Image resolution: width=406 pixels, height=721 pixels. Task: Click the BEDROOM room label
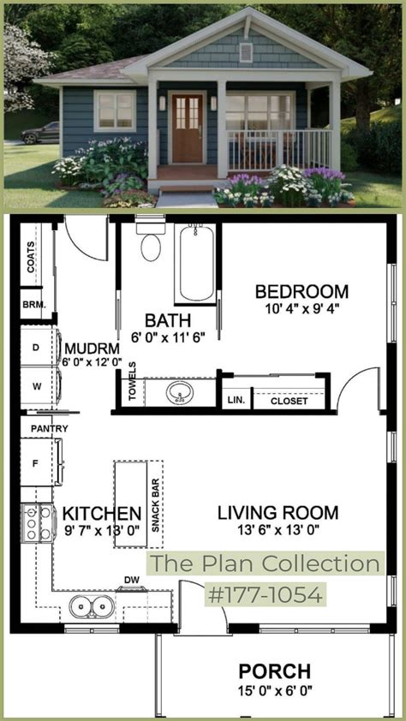pyautogui.click(x=302, y=292)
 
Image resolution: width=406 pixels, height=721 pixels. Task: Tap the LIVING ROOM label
pyautogui.click(x=278, y=513)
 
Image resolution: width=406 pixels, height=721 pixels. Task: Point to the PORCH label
pyautogui.click(x=274, y=671)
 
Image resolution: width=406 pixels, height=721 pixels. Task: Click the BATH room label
pyautogui.click(x=167, y=320)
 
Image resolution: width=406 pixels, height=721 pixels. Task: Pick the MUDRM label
pyautogui.click(x=91, y=349)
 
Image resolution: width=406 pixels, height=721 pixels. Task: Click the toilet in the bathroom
pyautogui.click(x=151, y=244)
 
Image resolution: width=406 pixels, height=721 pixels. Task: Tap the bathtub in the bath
pyautogui.click(x=196, y=262)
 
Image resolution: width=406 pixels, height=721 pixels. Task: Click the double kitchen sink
pyautogui.click(x=92, y=607)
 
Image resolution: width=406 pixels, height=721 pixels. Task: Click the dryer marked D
pyautogui.click(x=37, y=347)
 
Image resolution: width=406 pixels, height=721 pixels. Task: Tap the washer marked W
pyautogui.click(x=37, y=385)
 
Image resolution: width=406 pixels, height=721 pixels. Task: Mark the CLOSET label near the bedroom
pyautogui.click(x=289, y=400)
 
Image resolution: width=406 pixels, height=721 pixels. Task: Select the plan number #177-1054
pyautogui.click(x=265, y=593)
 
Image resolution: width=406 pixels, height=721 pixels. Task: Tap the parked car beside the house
pyautogui.click(x=39, y=134)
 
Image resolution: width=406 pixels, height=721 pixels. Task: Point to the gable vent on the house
pyautogui.click(x=246, y=53)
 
